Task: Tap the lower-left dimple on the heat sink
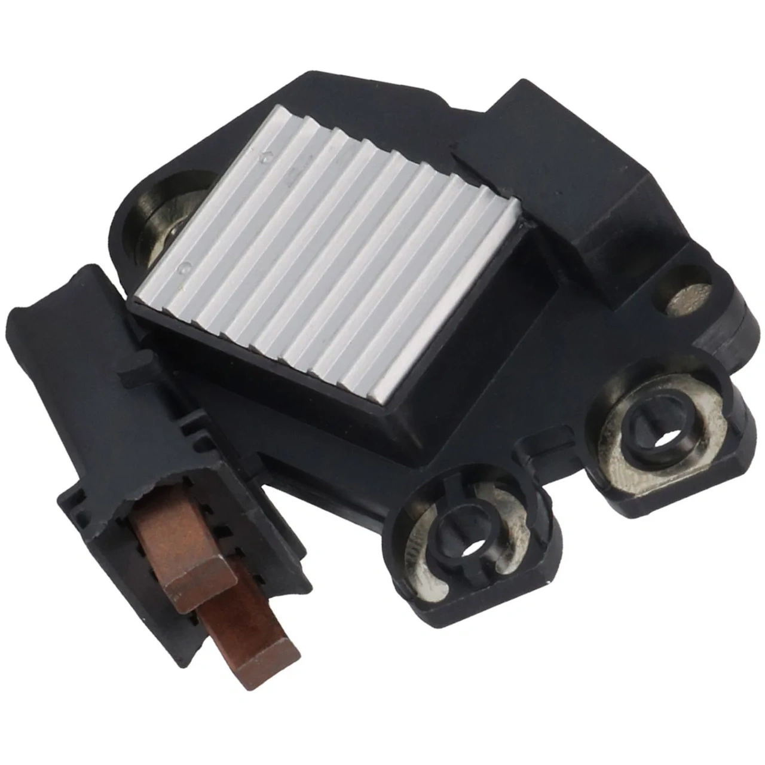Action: click(x=187, y=263)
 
